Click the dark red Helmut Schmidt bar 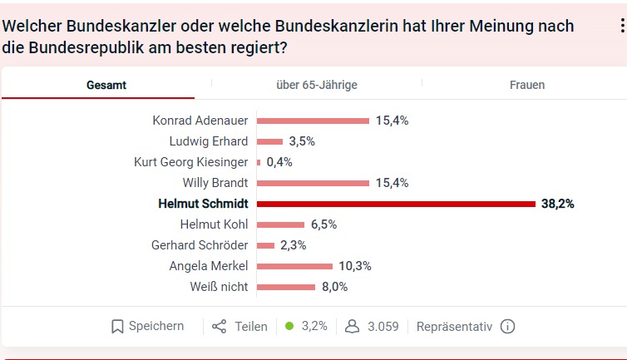pyautogui.click(x=396, y=204)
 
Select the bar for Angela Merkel pyautogui.click(x=295, y=266)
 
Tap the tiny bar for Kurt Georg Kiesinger pyautogui.click(x=259, y=162)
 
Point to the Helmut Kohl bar pyautogui.click(x=281, y=224)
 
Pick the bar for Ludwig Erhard pyautogui.click(x=270, y=141)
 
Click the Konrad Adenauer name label pyautogui.click(x=200, y=121)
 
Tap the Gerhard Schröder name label pyautogui.click(x=200, y=245)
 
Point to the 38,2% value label pyautogui.click(x=558, y=204)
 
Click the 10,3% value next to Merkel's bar pyautogui.click(x=355, y=266)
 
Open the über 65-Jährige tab pyautogui.click(x=317, y=85)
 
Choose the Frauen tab pyautogui.click(x=527, y=85)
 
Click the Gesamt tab pyautogui.click(x=106, y=85)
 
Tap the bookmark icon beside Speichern pyautogui.click(x=117, y=327)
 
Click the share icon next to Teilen pyautogui.click(x=220, y=327)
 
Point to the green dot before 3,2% pyautogui.click(x=289, y=327)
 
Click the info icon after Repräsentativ pyautogui.click(x=507, y=327)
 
